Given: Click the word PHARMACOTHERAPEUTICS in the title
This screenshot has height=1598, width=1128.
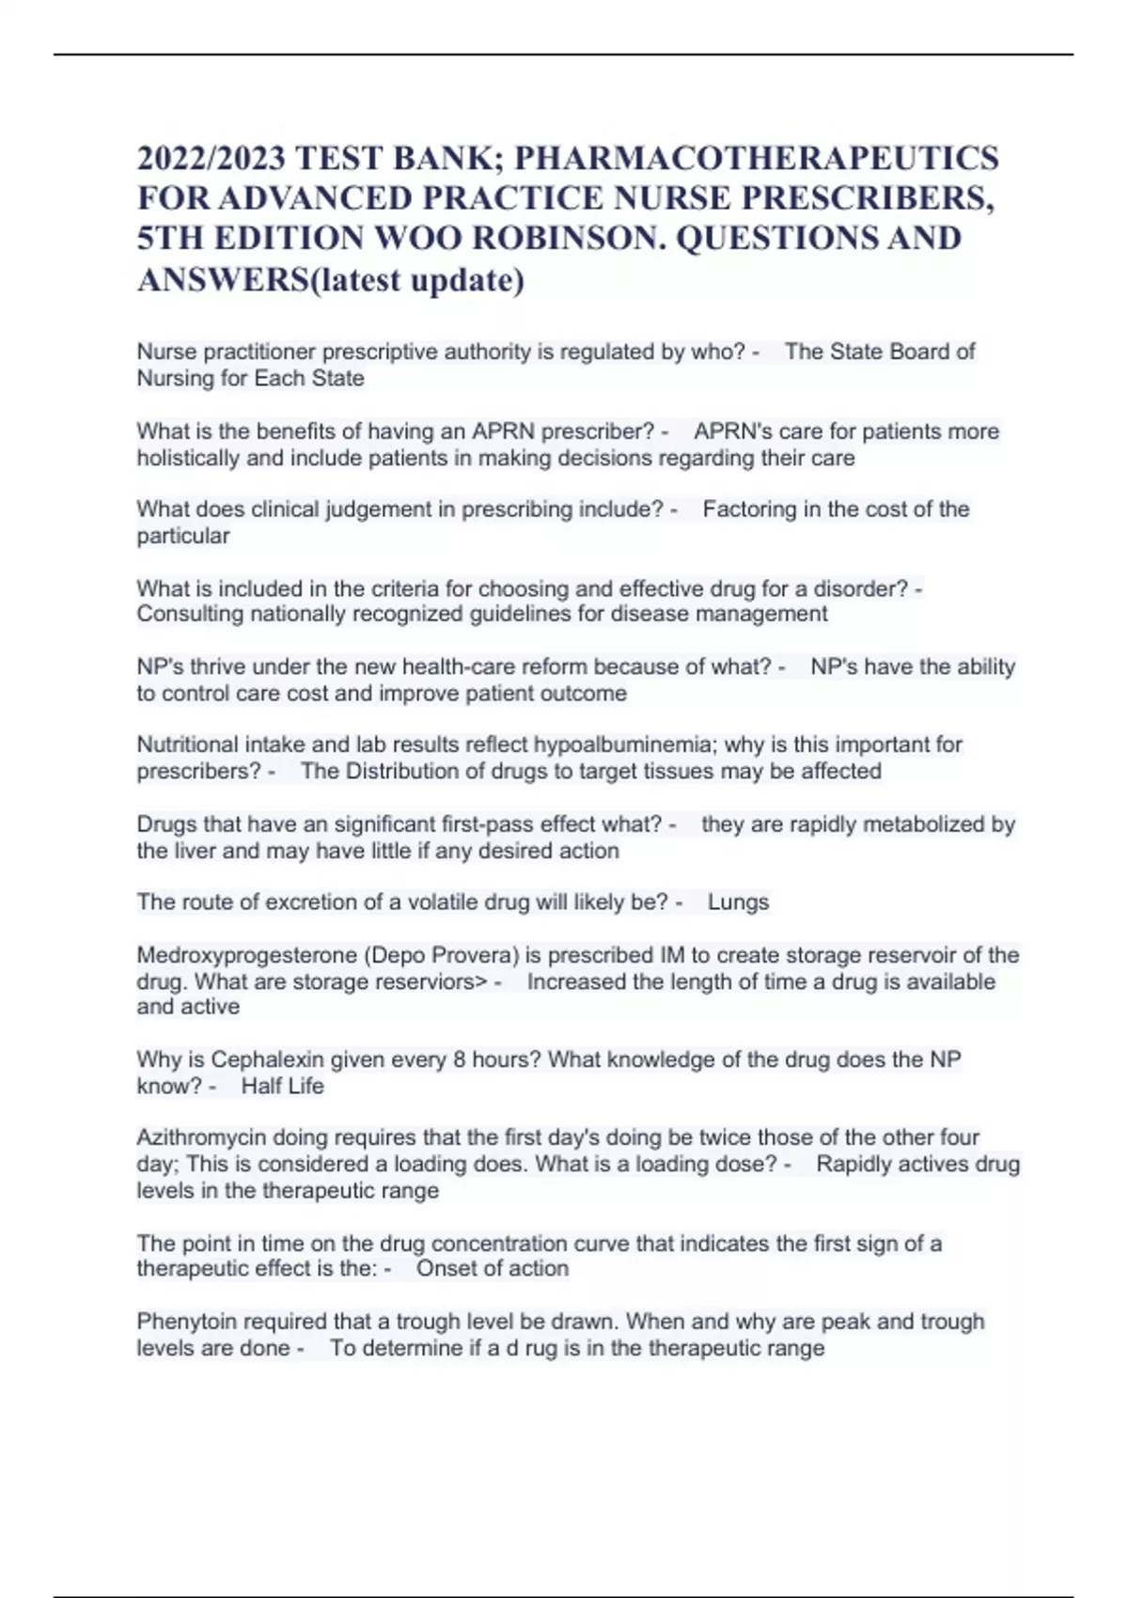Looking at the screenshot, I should pos(757,157).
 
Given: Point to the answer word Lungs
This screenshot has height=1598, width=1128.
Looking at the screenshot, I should pos(738,902).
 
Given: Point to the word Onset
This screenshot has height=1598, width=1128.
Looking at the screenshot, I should pos(446,1269).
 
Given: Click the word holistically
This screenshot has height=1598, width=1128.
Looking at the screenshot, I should pos(188,459).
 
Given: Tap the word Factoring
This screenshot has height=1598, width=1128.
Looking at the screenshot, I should pos(749,509).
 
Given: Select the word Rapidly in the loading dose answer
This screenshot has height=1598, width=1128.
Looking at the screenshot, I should pos(852,1165).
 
